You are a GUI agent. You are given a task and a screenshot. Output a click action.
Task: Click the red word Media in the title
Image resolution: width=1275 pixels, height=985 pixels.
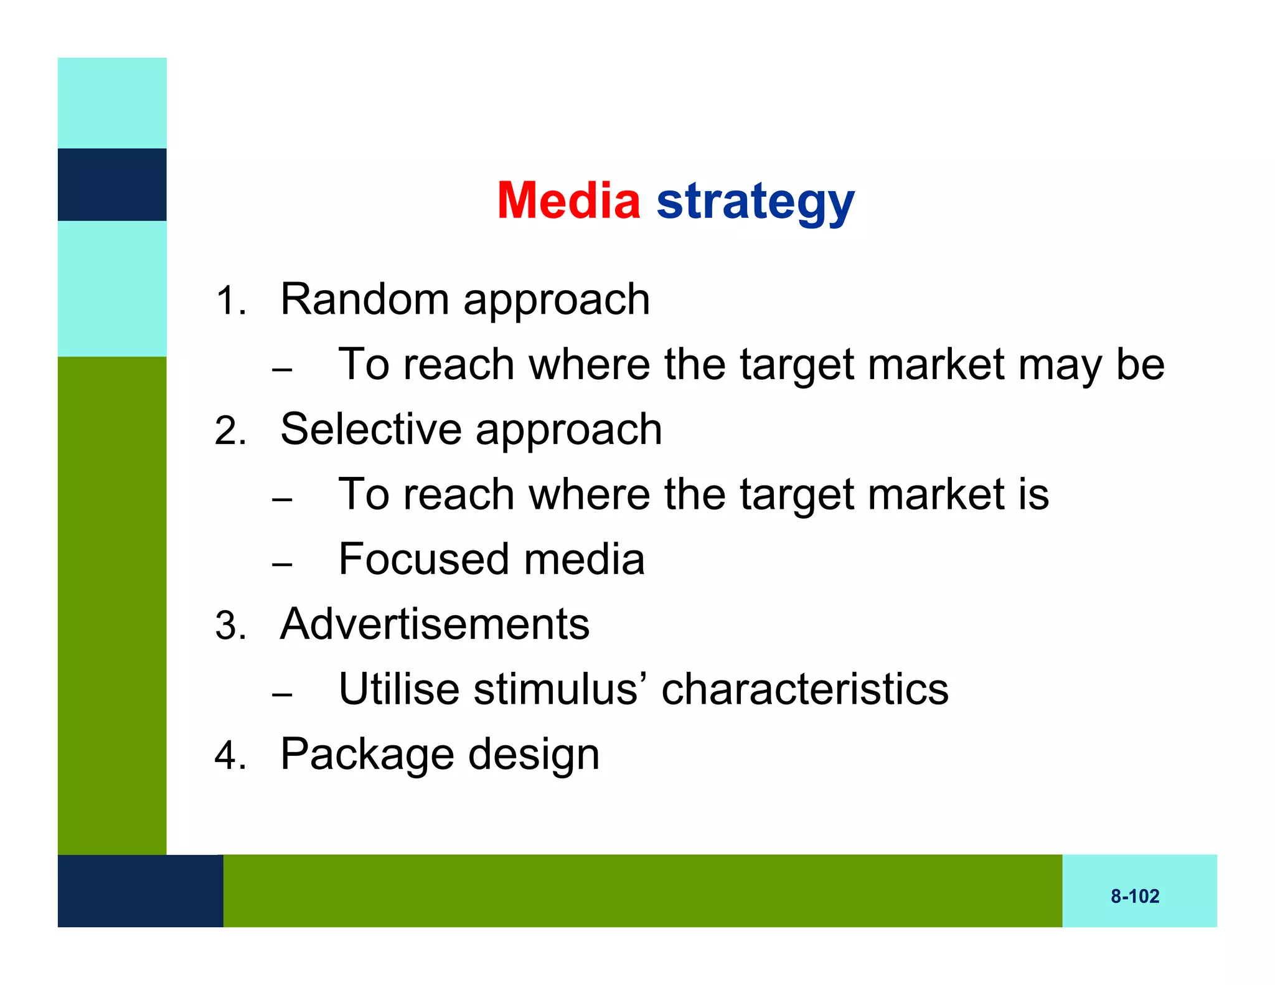pyautogui.click(x=568, y=200)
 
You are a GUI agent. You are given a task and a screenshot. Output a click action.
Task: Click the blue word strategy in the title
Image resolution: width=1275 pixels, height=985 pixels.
pyautogui.click(x=755, y=202)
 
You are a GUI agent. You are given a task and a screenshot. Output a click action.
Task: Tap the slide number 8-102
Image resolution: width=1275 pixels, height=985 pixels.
pyautogui.click(x=1135, y=896)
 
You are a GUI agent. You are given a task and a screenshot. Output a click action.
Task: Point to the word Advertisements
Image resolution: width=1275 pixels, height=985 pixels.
pyautogui.click(x=435, y=624)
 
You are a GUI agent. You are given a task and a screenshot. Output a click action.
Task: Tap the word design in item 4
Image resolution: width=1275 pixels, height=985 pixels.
pyautogui.click(x=534, y=755)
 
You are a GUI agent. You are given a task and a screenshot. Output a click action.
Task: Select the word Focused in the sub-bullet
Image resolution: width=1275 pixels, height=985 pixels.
pyautogui.click(x=423, y=559)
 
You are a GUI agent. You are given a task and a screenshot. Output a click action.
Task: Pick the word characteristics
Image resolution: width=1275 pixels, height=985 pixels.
pyautogui.click(x=804, y=689)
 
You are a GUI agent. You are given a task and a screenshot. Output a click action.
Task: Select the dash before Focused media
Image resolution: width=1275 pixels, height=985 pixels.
pyautogui.click(x=282, y=564)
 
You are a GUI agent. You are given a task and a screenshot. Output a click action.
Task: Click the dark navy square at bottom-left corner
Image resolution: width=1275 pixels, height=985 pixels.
pyautogui.click(x=140, y=890)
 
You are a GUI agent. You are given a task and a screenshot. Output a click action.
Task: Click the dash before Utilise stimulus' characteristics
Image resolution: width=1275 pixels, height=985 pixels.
pyautogui.click(x=282, y=694)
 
